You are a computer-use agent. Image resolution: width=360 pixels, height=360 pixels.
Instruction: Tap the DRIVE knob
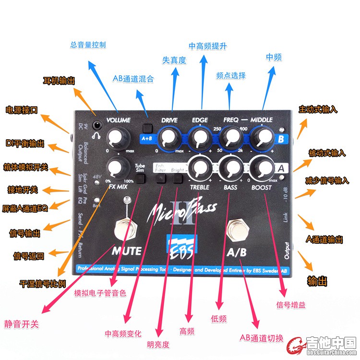coord(169,138)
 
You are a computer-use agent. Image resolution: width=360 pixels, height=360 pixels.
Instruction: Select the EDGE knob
coord(199,138)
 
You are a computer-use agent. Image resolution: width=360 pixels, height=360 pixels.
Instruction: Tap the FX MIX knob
coord(115,167)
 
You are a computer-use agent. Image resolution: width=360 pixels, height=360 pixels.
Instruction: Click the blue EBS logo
coord(180,245)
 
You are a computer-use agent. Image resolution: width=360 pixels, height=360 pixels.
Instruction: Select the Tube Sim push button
coord(140,179)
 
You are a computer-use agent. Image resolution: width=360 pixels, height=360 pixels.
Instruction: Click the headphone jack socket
coord(98,125)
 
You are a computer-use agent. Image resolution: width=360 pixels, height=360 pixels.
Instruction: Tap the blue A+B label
coord(147,139)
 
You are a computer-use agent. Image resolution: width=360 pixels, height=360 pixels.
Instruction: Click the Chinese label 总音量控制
coord(88,45)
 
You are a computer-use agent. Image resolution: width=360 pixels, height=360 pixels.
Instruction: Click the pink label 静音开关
coord(22,324)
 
